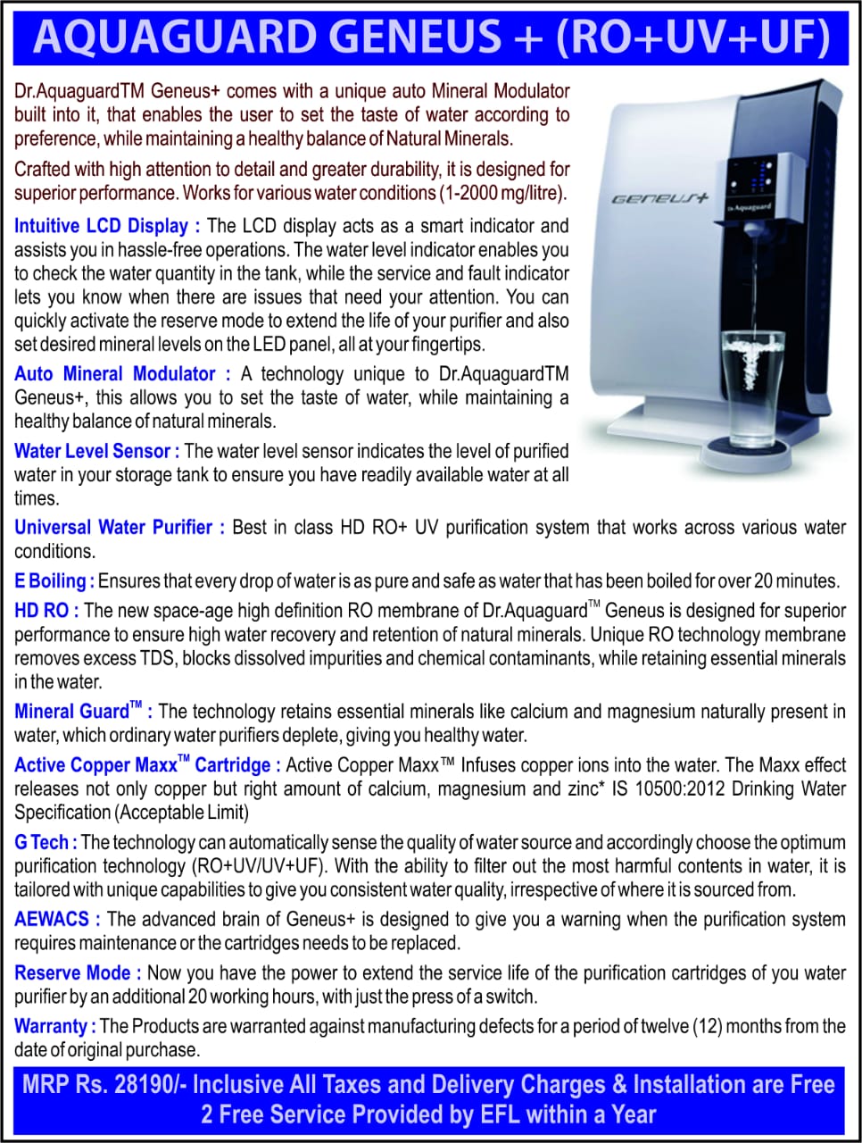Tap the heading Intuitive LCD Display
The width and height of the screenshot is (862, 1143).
(101, 226)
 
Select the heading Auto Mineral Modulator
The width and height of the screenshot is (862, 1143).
(115, 374)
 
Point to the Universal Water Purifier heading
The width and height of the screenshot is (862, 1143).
(113, 528)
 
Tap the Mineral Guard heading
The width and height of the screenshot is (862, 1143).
(76, 712)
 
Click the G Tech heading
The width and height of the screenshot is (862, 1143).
(41, 842)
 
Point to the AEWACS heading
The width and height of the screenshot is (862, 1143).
(52, 919)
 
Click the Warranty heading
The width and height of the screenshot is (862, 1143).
(51, 1026)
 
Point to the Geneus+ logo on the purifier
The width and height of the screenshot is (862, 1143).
(659, 198)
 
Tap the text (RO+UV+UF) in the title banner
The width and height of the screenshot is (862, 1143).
(694, 38)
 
